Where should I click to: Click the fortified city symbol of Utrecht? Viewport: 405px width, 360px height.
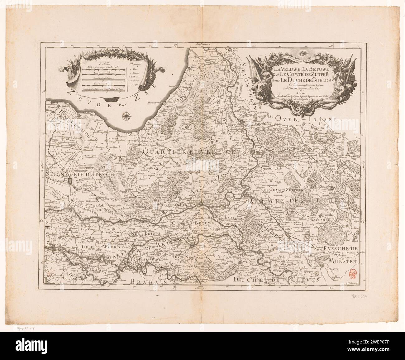(x=71, y=182)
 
